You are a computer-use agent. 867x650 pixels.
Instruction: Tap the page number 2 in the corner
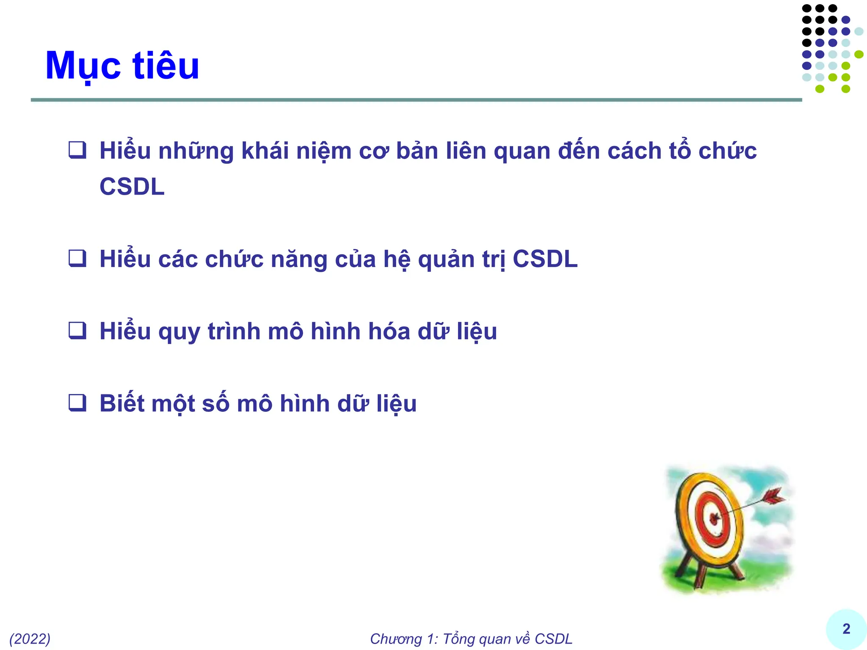846,629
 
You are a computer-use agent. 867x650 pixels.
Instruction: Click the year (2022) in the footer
30,639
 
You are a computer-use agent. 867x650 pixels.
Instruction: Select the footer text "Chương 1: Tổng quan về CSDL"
471,639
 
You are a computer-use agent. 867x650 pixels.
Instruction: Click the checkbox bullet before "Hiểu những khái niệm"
77,150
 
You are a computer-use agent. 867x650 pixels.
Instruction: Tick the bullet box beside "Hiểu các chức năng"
77,258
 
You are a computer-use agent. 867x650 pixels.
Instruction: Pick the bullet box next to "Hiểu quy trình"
77,331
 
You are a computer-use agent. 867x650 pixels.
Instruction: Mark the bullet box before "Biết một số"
77,403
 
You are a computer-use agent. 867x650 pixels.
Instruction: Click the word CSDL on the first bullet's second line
132,187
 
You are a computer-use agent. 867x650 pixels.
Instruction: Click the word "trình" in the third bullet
233,331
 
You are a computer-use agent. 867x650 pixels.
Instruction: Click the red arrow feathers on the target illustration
772,496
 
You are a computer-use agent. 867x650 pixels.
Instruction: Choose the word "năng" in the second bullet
299,259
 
